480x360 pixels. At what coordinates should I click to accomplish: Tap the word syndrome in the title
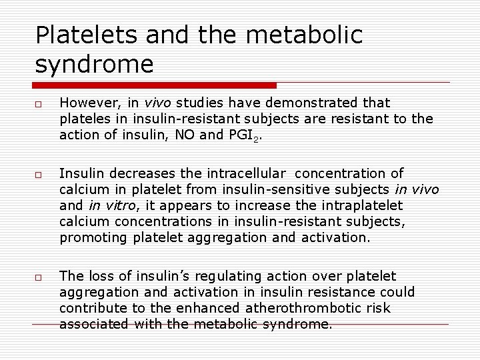[95, 64]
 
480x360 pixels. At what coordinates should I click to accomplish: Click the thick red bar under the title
[153, 85]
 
